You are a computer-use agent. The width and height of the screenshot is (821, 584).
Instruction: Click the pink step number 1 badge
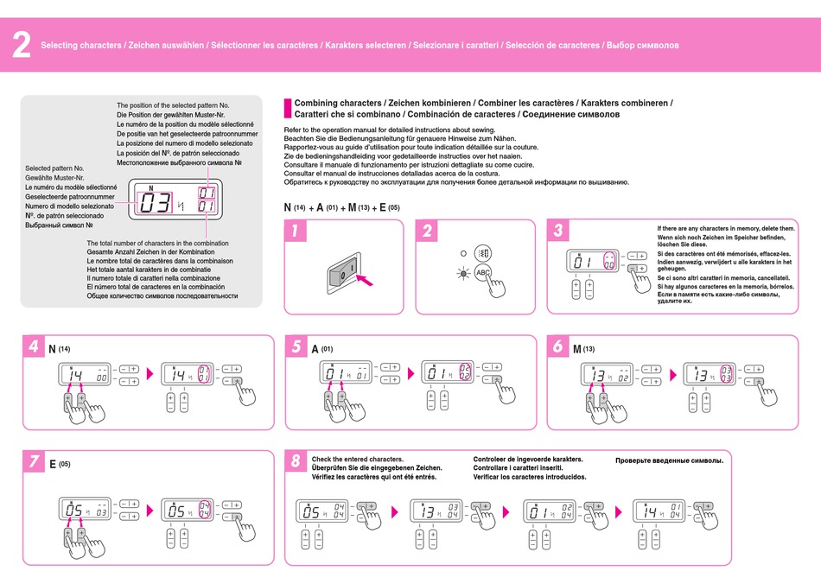(x=295, y=231)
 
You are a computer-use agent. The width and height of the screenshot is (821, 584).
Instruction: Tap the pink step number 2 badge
(x=427, y=231)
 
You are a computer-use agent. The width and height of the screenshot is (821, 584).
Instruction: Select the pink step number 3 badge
(x=559, y=231)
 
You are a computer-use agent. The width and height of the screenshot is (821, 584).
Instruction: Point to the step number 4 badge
(x=33, y=347)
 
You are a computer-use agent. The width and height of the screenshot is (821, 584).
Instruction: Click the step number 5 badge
(x=296, y=347)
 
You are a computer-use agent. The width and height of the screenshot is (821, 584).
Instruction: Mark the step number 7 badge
(x=33, y=461)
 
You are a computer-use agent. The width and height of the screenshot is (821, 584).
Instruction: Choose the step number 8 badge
(x=296, y=461)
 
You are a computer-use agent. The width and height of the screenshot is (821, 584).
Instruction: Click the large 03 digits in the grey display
(x=156, y=203)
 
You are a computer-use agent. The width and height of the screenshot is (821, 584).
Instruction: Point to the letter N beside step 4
(x=52, y=349)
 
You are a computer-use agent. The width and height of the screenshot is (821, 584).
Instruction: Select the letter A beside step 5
(x=315, y=349)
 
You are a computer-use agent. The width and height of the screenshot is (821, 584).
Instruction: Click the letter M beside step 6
(x=577, y=349)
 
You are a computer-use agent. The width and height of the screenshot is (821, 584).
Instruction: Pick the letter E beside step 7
(x=52, y=464)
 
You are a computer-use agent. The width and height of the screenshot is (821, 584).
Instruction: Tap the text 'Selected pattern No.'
(x=54, y=168)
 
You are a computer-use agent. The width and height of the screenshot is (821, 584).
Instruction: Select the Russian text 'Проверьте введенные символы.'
(x=669, y=460)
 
